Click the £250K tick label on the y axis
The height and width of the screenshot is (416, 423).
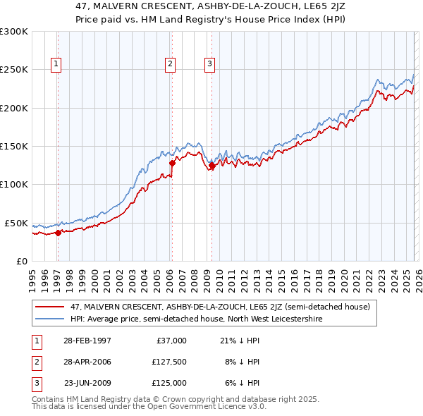[x=13, y=70]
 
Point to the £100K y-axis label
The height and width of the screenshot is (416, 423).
[x=13, y=184]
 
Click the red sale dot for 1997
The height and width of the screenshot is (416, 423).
[x=59, y=233]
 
